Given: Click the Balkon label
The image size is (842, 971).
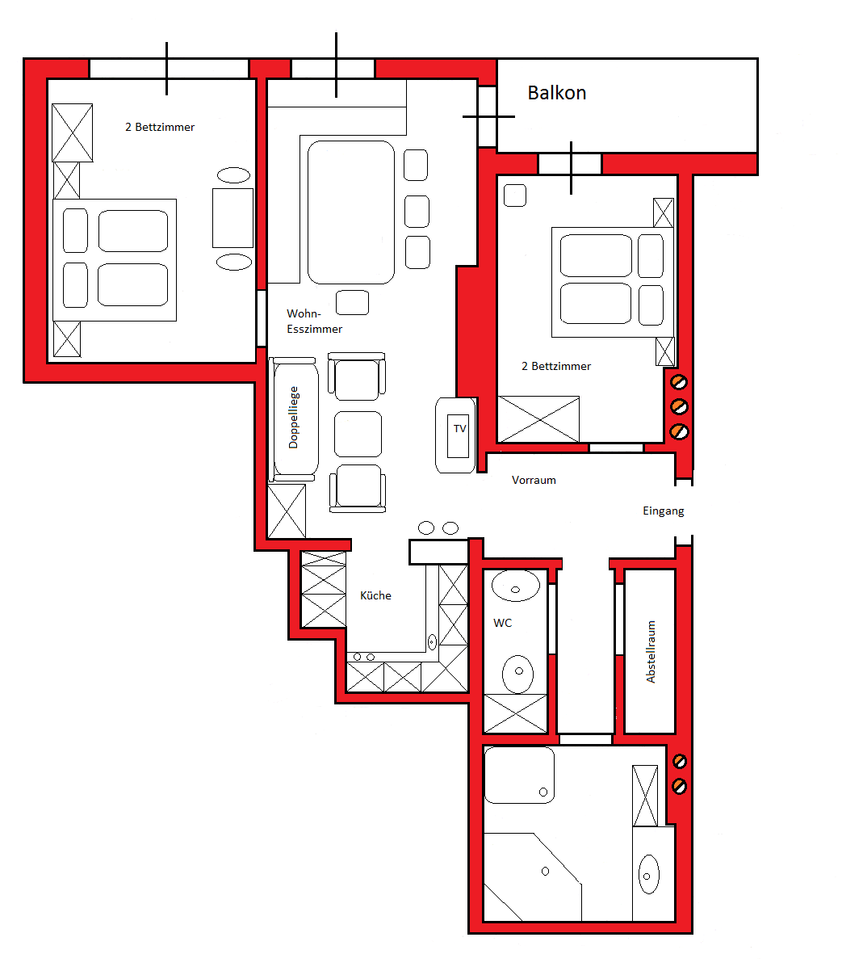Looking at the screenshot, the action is tap(556, 93).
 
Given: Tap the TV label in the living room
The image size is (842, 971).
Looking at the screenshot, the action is tap(459, 429).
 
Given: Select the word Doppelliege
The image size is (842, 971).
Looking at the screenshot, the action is tap(293, 417).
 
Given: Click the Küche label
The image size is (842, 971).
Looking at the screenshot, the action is tap(375, 595).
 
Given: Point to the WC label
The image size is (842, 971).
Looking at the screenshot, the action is tap(502, 623).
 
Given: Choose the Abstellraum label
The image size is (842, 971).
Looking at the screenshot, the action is tap(650, 652).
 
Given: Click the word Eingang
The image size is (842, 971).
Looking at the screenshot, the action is tap(663, 511).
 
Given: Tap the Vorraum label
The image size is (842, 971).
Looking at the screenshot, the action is tap(534, 480).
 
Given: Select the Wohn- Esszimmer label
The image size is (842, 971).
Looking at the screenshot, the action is tap(314, 322).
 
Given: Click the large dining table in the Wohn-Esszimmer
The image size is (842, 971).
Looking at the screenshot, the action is tap(350, 212).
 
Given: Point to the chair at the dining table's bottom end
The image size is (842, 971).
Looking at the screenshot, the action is tap(352, 302).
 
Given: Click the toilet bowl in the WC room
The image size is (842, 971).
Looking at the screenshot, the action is tap(517, 675).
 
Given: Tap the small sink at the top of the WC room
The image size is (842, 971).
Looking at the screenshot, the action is tap(515, 586).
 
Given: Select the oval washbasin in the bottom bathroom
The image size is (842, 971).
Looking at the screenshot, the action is tap(648, 874).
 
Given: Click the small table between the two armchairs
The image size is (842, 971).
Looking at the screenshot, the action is tap(358, 434).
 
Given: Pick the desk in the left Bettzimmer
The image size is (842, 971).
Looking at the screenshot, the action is tap(232, 218).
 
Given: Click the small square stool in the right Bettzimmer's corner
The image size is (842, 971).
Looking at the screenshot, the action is tap(514, 195).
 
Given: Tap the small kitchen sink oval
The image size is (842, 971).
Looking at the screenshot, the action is tap(432, 641).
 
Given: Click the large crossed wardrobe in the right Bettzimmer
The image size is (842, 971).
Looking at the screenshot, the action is tap(538, 419).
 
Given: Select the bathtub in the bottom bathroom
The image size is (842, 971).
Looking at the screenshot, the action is tap(519, 776).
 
